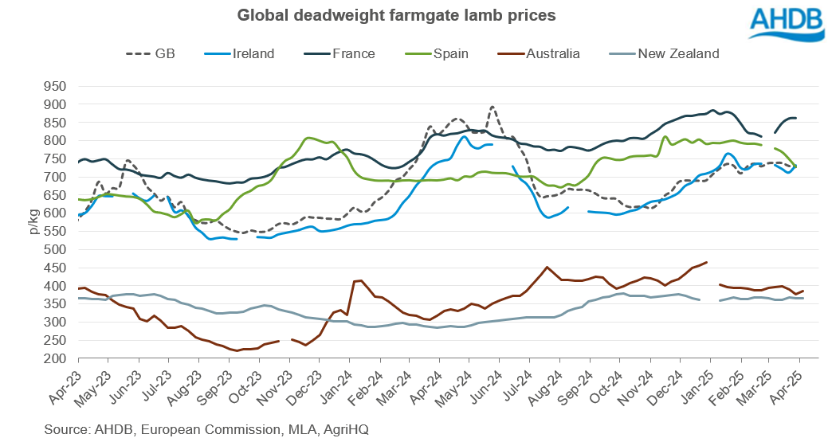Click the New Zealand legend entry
click(663, 54)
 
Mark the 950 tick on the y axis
click(57, 86)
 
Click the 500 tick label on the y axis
click(57, 249)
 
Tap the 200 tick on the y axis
click(57, 358)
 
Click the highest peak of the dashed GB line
click(492, 106)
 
